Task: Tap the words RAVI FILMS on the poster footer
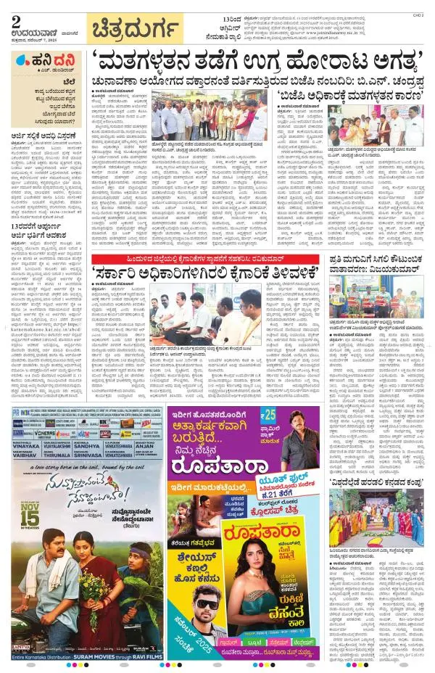point(130,656)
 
